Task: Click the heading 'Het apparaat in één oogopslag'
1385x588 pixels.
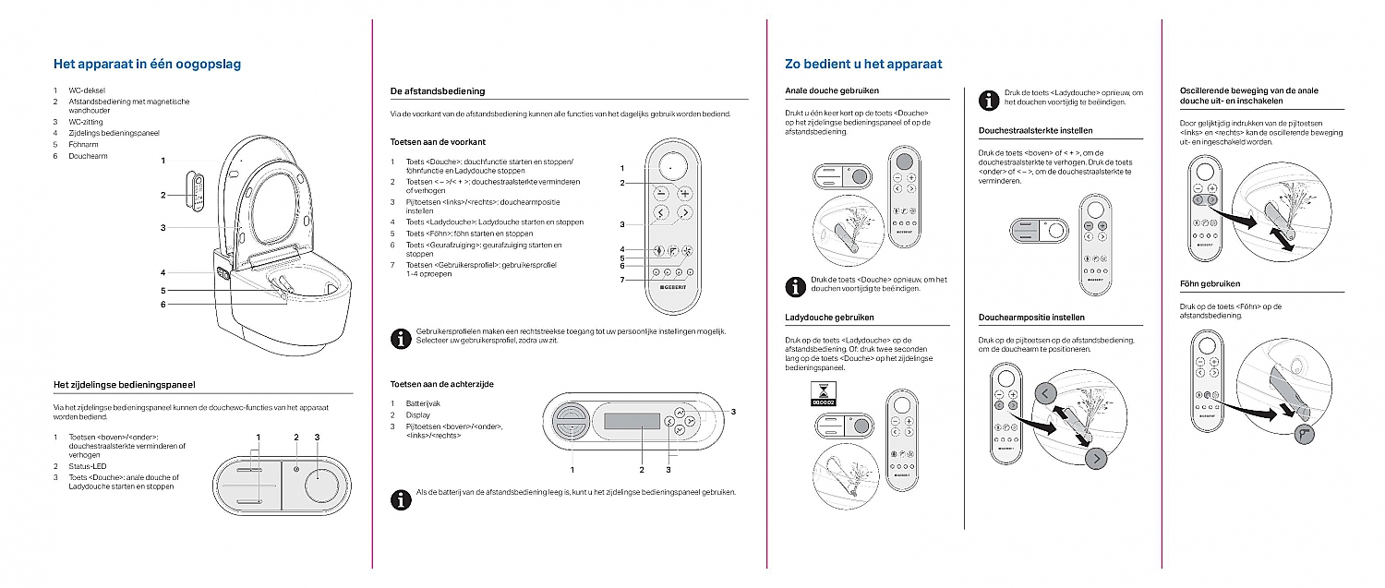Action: pos(148,64)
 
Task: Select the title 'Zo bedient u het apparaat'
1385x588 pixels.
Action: pos(863,64)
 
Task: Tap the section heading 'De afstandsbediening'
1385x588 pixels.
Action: pos(438,91)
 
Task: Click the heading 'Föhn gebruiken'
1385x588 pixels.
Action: pos(1210,283)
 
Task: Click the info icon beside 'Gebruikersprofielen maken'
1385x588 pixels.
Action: pos(401,337)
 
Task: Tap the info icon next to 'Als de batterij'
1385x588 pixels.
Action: pos(401,498)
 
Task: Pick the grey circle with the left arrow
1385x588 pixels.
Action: pos(1046,393)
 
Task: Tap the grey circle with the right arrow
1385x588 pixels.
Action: pos(1095,459)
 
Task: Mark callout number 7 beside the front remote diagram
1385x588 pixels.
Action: pos(622,280)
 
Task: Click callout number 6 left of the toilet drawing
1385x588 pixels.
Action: pos(163,305)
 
